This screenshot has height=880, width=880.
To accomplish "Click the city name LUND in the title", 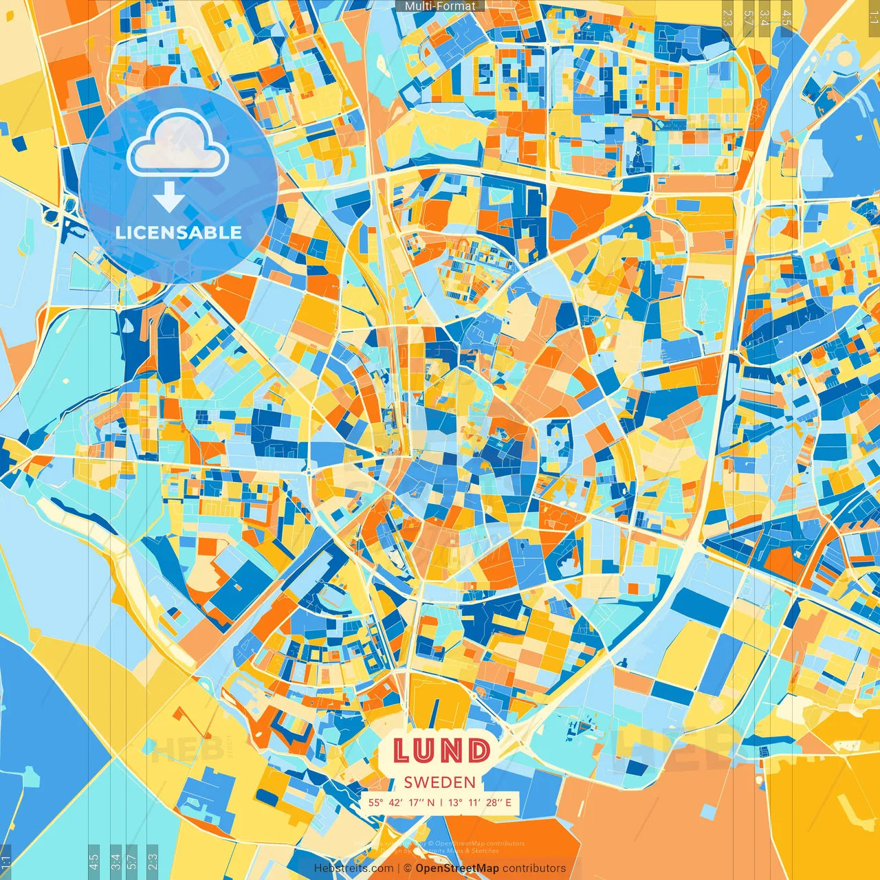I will [x=442, y=751].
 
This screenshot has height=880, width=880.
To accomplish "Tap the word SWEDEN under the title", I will [x=440, y=782].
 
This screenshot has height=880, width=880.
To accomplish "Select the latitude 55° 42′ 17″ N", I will [x=401, y=802].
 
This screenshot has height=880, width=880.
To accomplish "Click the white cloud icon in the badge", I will [x=178, y=142].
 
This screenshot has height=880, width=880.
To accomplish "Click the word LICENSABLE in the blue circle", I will [x=179, y=232].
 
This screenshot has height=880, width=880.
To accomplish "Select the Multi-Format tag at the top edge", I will [x=440, y=6].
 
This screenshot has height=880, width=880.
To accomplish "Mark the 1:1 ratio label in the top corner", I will [x=873, y=15].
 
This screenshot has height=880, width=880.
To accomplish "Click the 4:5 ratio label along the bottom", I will [x=93, y=859].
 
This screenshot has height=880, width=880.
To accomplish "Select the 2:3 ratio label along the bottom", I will [x=152, y=859].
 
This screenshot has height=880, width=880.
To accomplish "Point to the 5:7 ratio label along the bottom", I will [x=132, y=859].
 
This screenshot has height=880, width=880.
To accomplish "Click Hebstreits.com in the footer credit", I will [x=353, y=868].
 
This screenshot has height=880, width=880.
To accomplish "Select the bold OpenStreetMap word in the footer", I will [x=457, y=868].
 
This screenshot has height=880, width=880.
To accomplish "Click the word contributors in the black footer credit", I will [x=534, y=868].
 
